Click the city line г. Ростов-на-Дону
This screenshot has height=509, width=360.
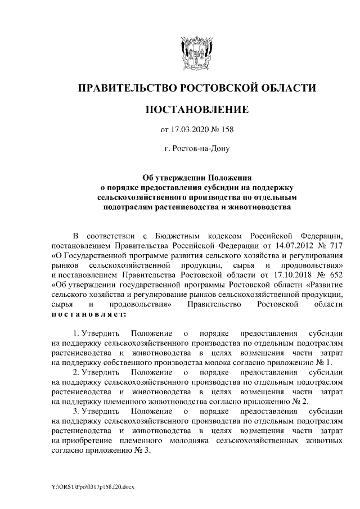pos(196,149)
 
